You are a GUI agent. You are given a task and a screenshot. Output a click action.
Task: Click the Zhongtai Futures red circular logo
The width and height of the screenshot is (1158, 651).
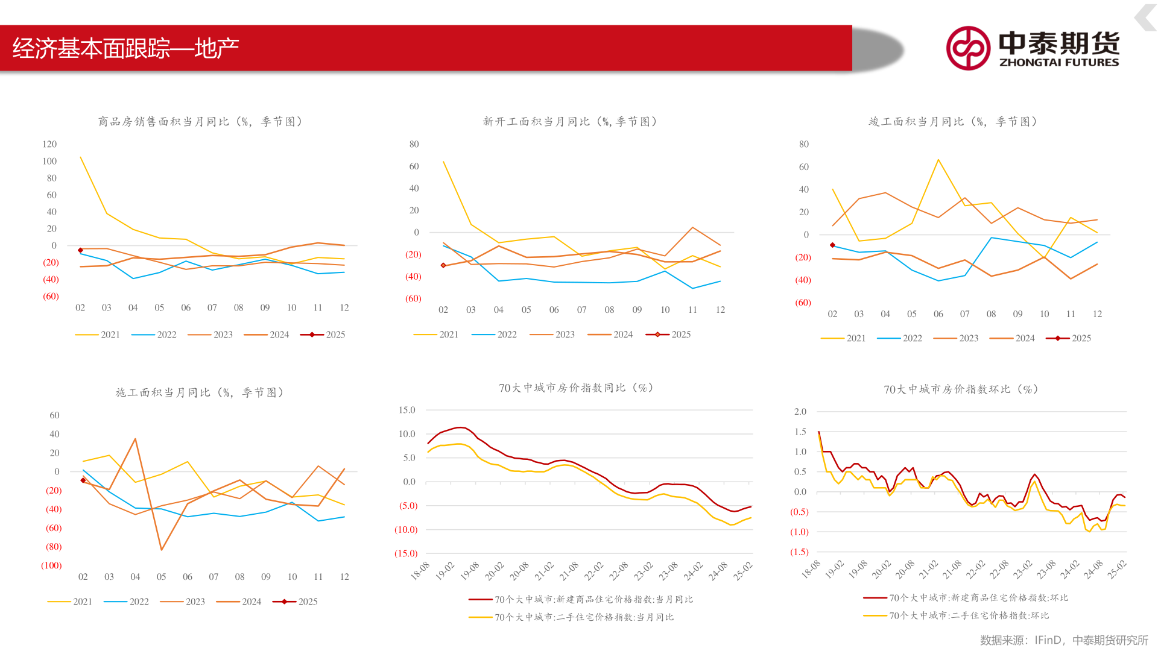pyautogui.click(x=967, y=48)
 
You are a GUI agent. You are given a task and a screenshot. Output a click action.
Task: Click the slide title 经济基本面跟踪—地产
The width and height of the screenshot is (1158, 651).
pyautogui.click(x=125, y=48)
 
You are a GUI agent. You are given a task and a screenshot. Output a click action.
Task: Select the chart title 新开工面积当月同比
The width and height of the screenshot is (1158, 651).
pyautogui.click(x=569, y=122)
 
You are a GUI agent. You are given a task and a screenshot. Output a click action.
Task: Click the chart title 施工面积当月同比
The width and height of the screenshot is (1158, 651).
pyautogui.click(x=200, y=393)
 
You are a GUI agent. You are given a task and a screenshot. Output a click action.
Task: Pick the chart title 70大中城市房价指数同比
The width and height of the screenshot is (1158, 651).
pyautogui.click(x=576, y=388)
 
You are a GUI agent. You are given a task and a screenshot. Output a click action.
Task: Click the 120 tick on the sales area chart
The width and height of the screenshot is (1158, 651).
pyautogui.click(x=49, y=144)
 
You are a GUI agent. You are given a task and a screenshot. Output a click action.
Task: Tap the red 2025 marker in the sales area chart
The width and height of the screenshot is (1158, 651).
pyautogui.click(x=80, y=250)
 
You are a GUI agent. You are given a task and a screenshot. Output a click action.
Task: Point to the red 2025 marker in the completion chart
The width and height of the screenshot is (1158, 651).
pyautogui.click(x=832, y=245)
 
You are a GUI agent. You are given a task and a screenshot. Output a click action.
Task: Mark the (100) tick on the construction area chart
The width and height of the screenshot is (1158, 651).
pyautogui.click(x=51, y=565)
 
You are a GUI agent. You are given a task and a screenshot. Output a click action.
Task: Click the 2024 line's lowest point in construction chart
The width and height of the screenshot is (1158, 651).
pyautogui.click(x=162, y=549)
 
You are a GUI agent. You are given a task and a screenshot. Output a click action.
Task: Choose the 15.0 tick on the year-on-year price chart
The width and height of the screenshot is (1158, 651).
pyautogui.click(x=407, y=410)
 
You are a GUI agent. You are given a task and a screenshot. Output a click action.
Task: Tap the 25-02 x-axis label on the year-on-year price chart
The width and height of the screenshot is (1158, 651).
pyautogui.click(x=742, y=571)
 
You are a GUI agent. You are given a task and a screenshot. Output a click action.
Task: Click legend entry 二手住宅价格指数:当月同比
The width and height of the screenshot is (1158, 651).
pyautogui.click(x=583, y=617)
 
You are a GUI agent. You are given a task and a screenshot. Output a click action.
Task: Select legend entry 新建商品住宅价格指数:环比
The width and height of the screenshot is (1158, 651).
pyautogui.click(x=978, y=598)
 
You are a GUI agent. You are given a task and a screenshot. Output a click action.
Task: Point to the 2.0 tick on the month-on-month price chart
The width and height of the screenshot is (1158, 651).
pyautogui.click(x=800, y=412)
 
